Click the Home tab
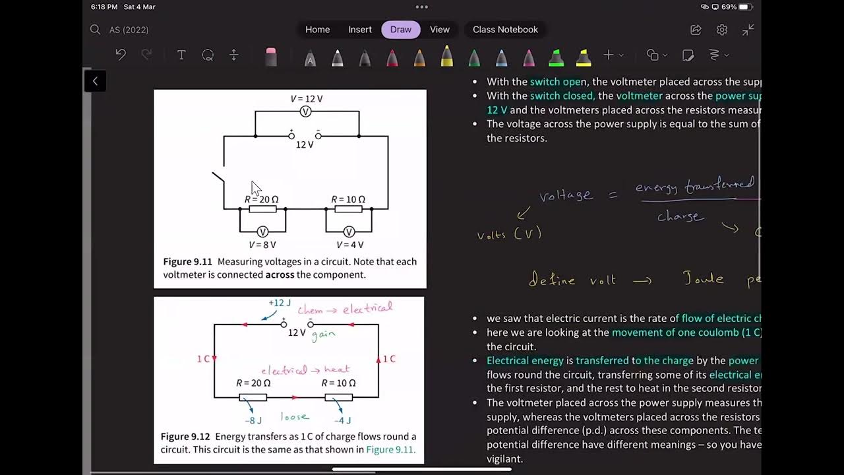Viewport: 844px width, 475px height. coord(317,30)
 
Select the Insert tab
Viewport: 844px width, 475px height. coord(360,30)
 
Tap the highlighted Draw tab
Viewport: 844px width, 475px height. coord(401,30)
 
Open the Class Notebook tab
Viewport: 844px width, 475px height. coord(505,30)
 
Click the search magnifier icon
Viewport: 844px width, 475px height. coord(95,30)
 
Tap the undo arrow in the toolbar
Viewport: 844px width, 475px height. coord(121,55)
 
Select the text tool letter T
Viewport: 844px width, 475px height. coord(181,55)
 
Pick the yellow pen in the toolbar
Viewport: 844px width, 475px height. coord(446,56)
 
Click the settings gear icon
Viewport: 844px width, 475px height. coord(722,30)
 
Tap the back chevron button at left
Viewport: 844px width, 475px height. coord(95,81)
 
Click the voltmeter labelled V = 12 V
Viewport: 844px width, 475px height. coord(306,111)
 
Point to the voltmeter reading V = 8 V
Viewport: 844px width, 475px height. coord(262,232)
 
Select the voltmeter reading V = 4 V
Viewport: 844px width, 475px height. coord(349,232)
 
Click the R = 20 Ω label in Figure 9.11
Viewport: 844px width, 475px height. coord(262,199)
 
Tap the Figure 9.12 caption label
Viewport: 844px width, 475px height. coord(185,437)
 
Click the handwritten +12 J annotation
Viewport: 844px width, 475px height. coord(280,303)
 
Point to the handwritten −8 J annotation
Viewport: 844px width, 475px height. coord(254,420)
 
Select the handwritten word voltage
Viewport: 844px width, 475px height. coord(566,195)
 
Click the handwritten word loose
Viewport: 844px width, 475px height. coord(294,416)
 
